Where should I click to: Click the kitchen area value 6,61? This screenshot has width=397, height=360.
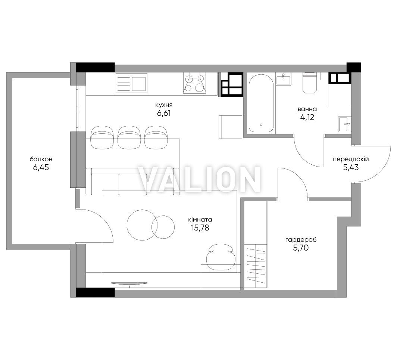click(x=164, y=113)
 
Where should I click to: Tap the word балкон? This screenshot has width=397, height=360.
click(x=41, y=159)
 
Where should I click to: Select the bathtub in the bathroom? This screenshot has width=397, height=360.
click(x=261, y=103)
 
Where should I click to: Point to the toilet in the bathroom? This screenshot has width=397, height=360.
click(x=310, y=83)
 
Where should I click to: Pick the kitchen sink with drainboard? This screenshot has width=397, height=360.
click(x=131, y=83)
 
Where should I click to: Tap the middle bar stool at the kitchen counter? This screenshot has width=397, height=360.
click(x=129, y=137)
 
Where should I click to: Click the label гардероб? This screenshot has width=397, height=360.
click(x=301, y=240)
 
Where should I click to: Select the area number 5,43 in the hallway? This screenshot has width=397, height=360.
click(x=351, y=167)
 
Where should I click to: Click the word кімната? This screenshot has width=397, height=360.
click(x=200, y=220)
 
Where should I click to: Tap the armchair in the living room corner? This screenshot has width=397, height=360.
click(x=219, y=257)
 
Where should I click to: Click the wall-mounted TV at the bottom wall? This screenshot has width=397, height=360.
click(x=129, y=283)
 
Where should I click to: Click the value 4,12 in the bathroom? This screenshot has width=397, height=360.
click(x=307, y=117)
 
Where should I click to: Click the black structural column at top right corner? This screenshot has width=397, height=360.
click(x=354, y=68)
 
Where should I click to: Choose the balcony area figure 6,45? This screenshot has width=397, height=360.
click(x=41, y=167)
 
